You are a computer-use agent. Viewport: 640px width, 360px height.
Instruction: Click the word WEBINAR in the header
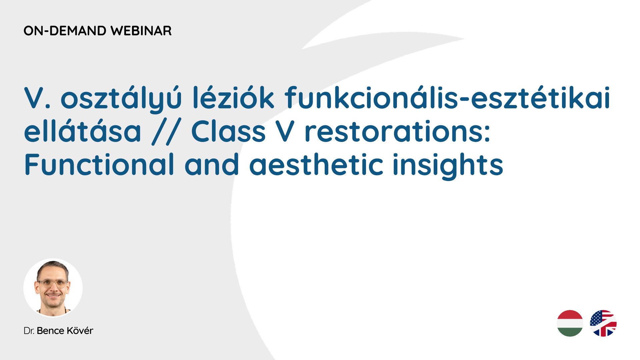pos(141,31)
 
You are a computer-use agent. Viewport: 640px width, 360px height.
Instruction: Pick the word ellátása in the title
pos(83,131)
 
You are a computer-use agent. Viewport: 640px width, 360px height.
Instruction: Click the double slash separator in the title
pos(166,132)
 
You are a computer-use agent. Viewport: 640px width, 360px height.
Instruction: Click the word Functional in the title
pos(99,164)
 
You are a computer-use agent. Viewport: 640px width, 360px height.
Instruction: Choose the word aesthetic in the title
pos(316,164)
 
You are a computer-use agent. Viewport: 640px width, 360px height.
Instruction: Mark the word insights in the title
pos(448,166)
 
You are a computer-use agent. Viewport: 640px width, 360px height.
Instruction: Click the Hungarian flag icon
pos(570,323)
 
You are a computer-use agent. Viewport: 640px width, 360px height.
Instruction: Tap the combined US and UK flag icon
pos(603,323)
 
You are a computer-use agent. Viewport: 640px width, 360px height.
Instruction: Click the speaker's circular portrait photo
pos(53,288)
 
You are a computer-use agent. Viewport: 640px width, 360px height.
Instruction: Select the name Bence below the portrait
pos(50,331)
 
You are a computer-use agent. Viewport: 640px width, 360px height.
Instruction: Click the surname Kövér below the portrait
pos(80,330)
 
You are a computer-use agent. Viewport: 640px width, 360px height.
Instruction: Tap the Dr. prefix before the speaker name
pos(29,331)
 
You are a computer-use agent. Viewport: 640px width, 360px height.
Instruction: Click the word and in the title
pos(212,164)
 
